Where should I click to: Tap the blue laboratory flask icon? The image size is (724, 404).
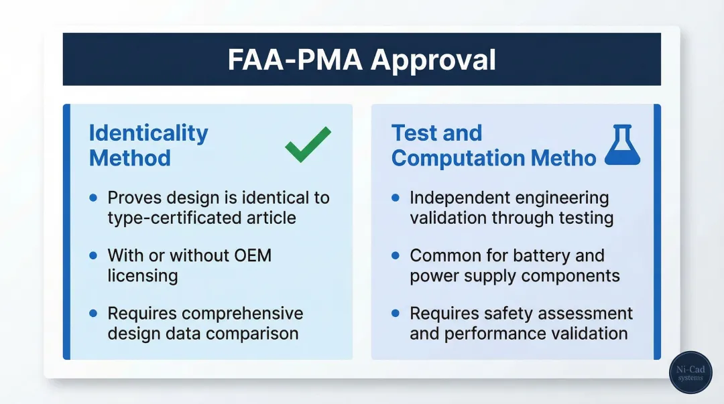click(x=622, y=145)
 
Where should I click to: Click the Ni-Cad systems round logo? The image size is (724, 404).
click(x=690, y=373)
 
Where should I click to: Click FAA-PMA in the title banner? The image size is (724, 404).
click(x=295, y=60)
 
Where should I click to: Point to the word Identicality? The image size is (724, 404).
click(x=148, y=133)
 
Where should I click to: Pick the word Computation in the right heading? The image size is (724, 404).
click(x=458, y=159)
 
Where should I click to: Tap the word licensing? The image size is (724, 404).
click(x=143, y=276)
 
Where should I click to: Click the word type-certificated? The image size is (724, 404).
click(x=174, y=218)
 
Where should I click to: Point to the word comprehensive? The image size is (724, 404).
click(x=243, y=314)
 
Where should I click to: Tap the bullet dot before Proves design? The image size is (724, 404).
click(x=93, y=198)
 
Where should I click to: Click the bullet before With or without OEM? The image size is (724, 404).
click(x=93, y=255)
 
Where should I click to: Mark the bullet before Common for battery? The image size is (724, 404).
click(x=396, y=255)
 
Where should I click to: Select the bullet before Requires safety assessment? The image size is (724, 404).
click(x=396, y=313)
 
